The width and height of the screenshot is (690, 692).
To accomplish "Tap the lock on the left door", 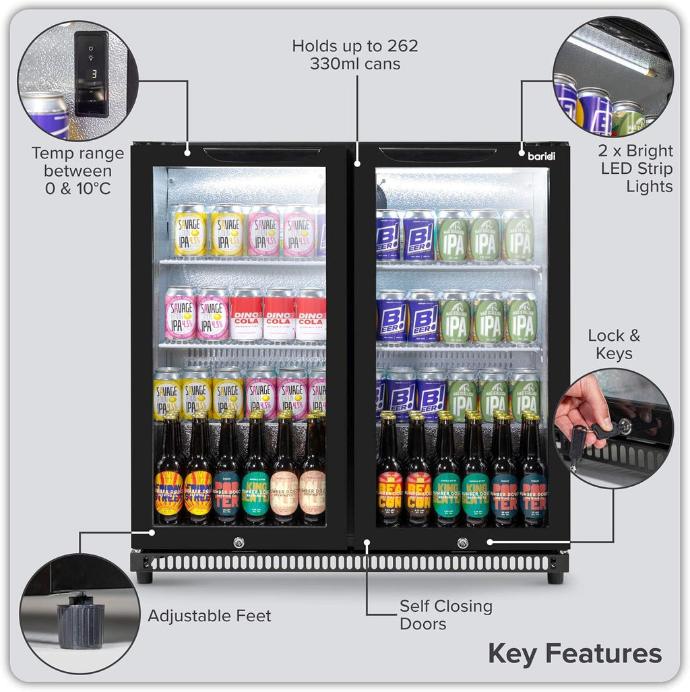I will [x=239, y=542].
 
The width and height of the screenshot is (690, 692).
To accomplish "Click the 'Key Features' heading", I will [x=575, y=653].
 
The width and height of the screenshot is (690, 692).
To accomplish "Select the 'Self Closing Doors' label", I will [x=445, y=615].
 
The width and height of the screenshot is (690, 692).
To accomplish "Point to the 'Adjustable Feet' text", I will [x=210, y=615].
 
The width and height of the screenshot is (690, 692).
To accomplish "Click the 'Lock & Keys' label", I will [x=614, y=344].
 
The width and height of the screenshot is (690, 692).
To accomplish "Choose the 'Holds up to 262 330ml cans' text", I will [x=355, y=55].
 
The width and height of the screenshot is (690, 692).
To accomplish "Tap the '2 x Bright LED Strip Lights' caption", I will [x=636, y=168].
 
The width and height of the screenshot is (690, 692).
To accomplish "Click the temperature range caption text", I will [x=78, y=170].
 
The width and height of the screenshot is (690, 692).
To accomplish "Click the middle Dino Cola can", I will [x=279, y=315].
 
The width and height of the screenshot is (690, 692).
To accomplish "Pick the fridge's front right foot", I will [x=555, y=577].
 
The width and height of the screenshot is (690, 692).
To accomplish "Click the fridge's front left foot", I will [x=144, y=577].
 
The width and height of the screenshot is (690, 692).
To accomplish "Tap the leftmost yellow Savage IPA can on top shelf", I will [x=190, y=231].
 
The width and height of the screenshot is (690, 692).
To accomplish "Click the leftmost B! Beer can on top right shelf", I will [x=388, y=237].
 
